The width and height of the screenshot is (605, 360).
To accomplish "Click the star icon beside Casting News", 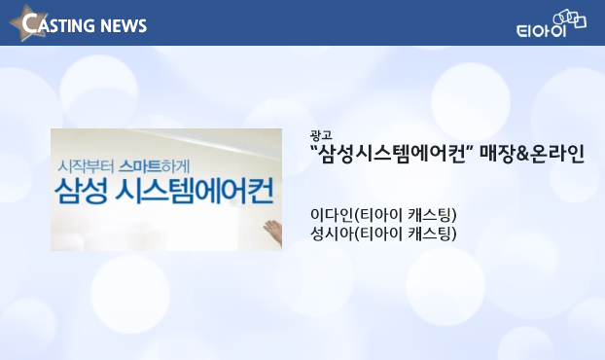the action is [x=28, y=22].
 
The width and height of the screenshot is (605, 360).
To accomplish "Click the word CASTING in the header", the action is [x=57, y=24].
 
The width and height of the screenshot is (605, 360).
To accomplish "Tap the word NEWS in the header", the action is [x=124, y=26].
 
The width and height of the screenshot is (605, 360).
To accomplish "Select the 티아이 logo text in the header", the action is [x=541, y=30].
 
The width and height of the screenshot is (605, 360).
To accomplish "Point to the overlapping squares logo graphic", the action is [x=570, y=18].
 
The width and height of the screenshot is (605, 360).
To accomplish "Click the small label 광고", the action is [x=321, y=135].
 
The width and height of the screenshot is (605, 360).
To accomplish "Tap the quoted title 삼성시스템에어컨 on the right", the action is [x=392, y=154].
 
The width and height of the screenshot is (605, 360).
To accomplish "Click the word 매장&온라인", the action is [x=532, y=154].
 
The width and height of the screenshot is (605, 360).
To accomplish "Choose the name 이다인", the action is [x=332, y=215].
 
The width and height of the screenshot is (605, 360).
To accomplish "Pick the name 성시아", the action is [x=332, y=234].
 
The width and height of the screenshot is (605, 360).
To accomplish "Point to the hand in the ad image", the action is [x=273, y=232].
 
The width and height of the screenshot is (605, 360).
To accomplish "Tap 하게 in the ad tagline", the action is [x=175, y=166].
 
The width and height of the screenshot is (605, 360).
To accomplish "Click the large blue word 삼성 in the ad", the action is [x=81, y=191].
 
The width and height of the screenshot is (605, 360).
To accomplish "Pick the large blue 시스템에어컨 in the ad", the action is [x=195, y=191].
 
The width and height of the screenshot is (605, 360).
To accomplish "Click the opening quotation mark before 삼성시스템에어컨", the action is [x=314, y=148].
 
